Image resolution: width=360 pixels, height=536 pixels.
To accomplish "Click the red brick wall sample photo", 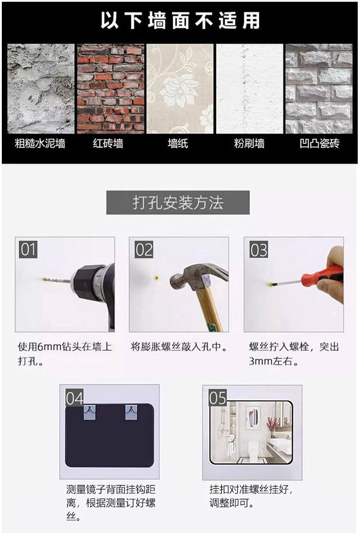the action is (x=110, y=88).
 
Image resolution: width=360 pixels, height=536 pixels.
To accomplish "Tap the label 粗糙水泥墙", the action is (x=40, y=143).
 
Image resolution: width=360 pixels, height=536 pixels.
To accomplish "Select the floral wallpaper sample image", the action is (x=180, y=88).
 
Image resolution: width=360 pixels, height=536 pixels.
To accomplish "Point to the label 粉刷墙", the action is (x=249, y=143).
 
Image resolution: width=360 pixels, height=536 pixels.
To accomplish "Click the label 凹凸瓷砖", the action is (x=319, y=143).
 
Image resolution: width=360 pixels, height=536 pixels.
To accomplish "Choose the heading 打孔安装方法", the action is (x=178, y=203).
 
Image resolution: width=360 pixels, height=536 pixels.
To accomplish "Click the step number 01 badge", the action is (x=28, y=249).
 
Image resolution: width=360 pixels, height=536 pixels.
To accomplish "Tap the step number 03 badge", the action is (x=259, y=250).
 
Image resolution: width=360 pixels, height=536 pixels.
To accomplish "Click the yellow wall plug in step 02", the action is (x=157, y=278).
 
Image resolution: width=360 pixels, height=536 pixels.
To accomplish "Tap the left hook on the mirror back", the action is (x=90, y=412).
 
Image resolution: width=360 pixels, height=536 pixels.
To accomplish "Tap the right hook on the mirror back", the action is (x=131, y=412).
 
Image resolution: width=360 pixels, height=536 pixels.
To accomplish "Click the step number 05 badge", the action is (x=218, y=398).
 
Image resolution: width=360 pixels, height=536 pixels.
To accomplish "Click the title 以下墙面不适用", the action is (x=180, y=21).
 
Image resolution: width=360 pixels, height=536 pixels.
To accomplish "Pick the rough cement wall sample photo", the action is (x=41, y=88).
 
